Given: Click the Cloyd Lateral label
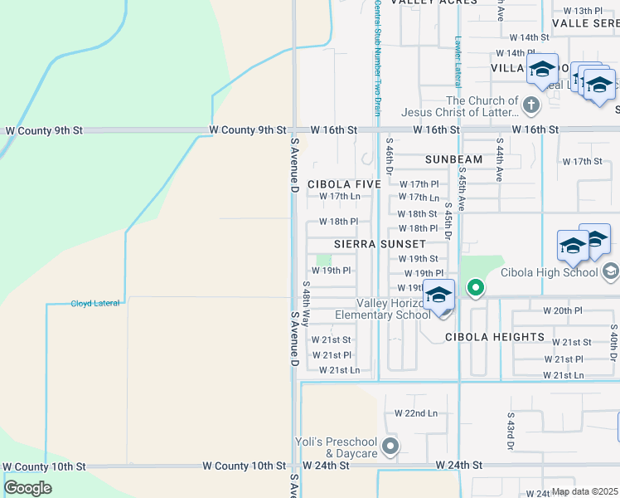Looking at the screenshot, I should click(94, 303).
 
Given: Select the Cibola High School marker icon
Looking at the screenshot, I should click(611, 271).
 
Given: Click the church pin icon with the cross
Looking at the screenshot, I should click(531, 105).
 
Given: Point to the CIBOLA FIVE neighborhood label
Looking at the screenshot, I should click(344, 184).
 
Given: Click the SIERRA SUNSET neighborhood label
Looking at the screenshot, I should click(380, 244).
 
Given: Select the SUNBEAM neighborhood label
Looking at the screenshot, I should click(453, 159).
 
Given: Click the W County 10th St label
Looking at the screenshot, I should click(45, 467).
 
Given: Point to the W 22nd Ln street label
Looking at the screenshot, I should click(415, 413).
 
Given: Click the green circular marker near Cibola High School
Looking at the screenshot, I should click(475, 289).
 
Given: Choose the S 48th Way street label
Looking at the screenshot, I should click(305, 305).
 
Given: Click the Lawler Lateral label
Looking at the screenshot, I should click(458, 61).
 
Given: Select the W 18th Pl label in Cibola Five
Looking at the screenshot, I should click(338, 222).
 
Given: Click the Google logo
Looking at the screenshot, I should click(28, 488).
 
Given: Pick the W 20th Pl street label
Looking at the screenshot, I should click(563, 310).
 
